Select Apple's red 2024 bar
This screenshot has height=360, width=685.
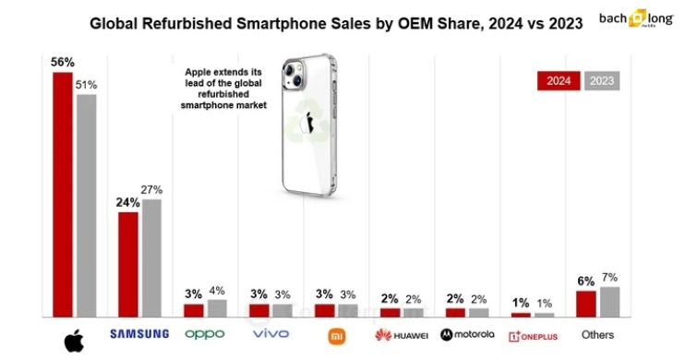[63, 195]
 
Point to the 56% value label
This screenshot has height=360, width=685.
[63, 62]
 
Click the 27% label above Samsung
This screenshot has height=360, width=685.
[152, 189]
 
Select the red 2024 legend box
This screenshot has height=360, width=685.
[558, 81]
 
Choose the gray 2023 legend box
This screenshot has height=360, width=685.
[601, 81]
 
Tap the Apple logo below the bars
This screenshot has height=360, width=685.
[74, 341]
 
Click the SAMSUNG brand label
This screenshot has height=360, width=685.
[139, 333]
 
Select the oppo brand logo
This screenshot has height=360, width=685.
[204, 333]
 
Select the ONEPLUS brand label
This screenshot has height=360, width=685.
[533, 335]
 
